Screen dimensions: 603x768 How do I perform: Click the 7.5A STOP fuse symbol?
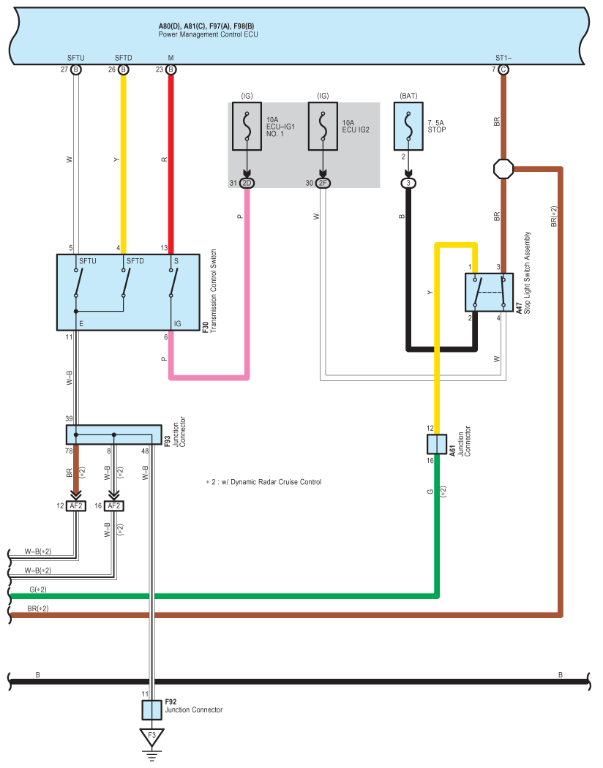[x=408, y=126]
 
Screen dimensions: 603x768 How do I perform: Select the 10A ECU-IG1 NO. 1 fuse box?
[x=247, y=126]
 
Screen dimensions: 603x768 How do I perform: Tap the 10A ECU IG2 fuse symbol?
[x=323, y=126]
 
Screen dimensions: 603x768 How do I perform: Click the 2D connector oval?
[x=247, y=183]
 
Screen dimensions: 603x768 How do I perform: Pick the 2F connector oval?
[x=323, y=183]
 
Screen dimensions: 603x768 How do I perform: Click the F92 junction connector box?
[x=152, y=709]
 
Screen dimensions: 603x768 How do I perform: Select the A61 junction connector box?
[x=436, y=444]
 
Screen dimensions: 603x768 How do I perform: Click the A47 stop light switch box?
[x=489, y=293]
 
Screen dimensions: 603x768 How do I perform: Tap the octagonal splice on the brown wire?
[x=503, y=169]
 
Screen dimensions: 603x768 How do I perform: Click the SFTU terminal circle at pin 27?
[x=76, y=69]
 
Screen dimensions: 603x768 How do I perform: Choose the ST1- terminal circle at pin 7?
[x=503, y=69]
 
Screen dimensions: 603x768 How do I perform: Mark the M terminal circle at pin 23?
[x=171, y=69]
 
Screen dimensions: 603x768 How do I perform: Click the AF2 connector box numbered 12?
[x=76, y=506]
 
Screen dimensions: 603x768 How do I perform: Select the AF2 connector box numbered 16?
[x=113, y=506]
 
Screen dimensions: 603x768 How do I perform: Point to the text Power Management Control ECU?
[x=208, y=35]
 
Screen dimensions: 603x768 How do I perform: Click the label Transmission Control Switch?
[x=214, y=291]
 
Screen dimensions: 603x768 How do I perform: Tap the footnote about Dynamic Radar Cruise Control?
[x=263, y=482]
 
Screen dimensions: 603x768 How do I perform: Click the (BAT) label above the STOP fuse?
[x=408, y=96]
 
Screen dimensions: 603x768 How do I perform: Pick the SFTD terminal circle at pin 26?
[x=124, y=69]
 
